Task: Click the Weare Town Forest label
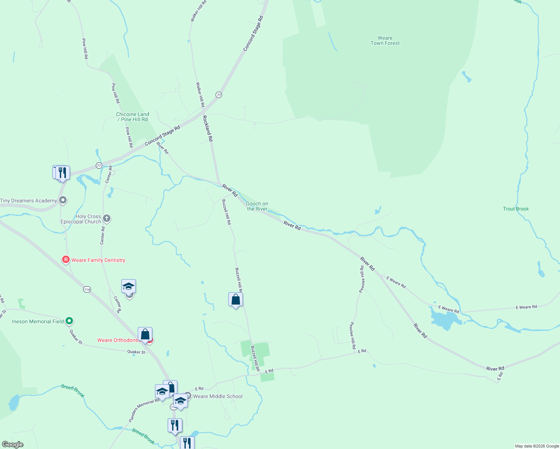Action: [x=385, y=40]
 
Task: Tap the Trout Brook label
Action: [x=516, y=209]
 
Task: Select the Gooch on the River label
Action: [x=257, y=206]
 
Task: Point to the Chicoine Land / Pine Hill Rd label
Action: [x=133, y=117]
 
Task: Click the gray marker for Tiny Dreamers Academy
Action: [x=63, y=200]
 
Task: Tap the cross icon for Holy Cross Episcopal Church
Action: [x=107, y=218]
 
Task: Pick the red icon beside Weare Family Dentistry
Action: [x=66, y=260]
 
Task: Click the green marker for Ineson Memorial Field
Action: [x=69, y=321]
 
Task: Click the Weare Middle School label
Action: [x=217, y=396]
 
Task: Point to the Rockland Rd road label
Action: [x=207, y=128]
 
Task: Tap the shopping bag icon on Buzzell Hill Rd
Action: [x=235, y=299]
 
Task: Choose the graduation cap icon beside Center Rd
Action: [x=128, y=287]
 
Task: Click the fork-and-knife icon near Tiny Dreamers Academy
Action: [x=63, y=172]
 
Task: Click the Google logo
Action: [x=12, y=445]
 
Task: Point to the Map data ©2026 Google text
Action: [x=537, y=446]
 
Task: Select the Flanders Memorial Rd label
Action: [x=144, y=410]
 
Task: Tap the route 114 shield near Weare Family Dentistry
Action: [x=87, y=289]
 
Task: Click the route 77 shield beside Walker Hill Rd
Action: [x=219, y=95]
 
